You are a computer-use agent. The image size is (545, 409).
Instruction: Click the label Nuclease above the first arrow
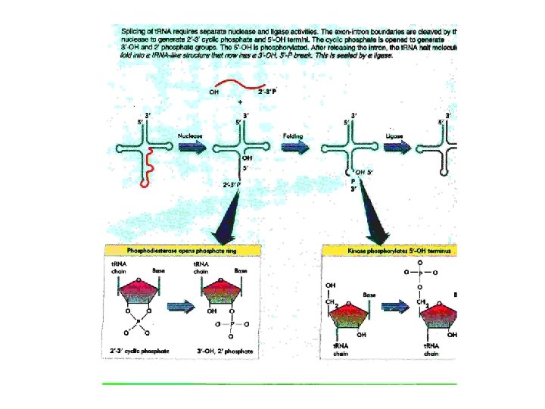[190, 136]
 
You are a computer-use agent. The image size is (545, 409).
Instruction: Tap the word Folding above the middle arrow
[293, 136]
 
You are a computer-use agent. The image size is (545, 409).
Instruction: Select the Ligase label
[414, 136]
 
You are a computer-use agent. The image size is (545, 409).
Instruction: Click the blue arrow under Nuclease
[191, 149]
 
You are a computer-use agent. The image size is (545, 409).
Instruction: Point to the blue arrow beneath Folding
[295, 149]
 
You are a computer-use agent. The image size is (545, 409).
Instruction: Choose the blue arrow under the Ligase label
[415, 149]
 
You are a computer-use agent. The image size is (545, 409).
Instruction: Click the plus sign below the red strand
[241, 101]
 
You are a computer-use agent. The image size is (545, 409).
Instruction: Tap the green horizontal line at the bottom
[280, 384]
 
